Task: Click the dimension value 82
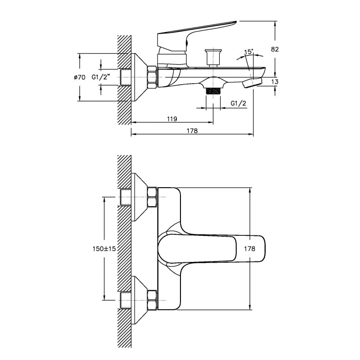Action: point(275,49)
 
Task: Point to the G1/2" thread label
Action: point(101,77)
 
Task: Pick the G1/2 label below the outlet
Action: point(238,103)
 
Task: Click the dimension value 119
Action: point(171,119)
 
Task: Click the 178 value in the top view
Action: point(250,249)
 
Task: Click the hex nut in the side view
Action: point(152,77)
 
